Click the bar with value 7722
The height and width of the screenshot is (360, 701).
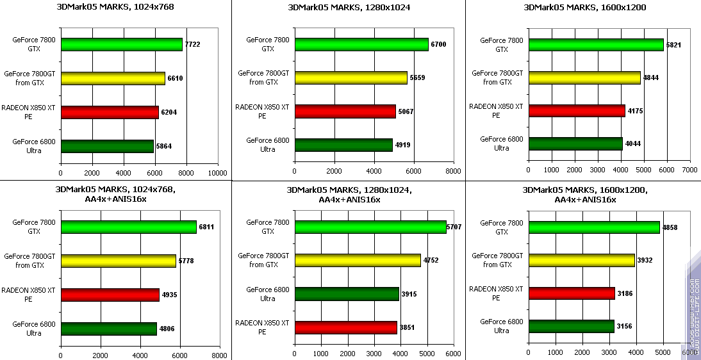click(x=122, y=44)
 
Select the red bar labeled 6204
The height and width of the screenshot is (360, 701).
click(x=110, y=112)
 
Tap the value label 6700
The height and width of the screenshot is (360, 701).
click(x=438, y=44)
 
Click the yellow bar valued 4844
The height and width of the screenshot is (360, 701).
click(x=584, y=78)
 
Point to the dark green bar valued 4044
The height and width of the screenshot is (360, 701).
click(x=575, y=143)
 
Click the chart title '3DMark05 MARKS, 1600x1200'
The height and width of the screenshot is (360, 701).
click(x=584, y=8)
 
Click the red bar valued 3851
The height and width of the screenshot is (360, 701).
click(x=345, y=327)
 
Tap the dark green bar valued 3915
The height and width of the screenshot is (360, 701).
click(x=347, y=294)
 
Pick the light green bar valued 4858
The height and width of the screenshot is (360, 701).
click(x=594, y=227)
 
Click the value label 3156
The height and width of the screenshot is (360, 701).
click(x=625, y=327)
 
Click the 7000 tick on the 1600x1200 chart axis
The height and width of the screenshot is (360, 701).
click(x=689, y=170)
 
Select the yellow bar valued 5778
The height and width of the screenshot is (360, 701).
click(x=119, y=261)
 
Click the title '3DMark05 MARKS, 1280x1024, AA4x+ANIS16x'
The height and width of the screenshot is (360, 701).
click(x=349, y=195)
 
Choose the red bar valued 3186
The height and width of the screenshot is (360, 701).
click(x=572, y=293)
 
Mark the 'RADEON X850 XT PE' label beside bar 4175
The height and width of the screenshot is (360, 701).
click(x=496, y=111)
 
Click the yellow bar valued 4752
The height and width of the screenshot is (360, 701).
click(x=358, y=260)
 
